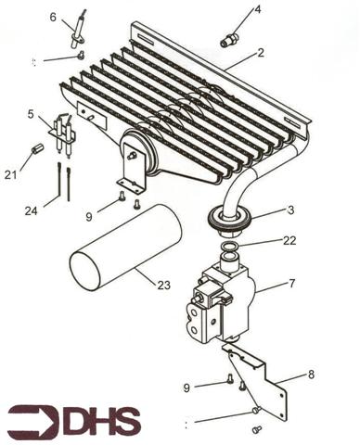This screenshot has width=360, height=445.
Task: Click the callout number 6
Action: [53, 17]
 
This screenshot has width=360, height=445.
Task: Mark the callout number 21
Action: [10, 173]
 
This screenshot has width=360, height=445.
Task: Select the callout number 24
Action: [31, 211]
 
